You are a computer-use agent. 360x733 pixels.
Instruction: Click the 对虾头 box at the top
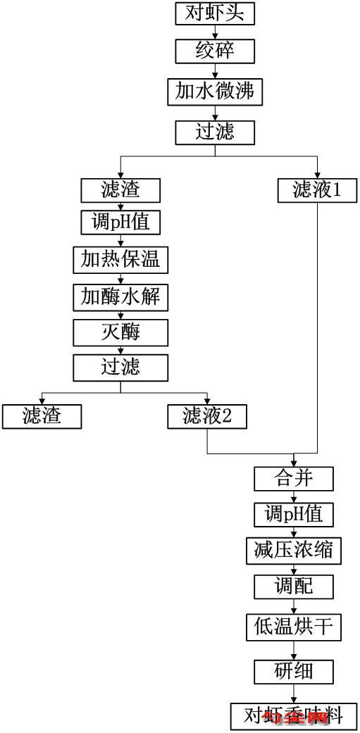point(214,13)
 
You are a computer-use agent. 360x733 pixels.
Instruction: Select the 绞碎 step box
point(214,51)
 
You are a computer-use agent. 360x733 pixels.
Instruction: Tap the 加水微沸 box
point(214,92)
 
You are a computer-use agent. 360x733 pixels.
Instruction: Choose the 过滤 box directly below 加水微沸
point(214,132)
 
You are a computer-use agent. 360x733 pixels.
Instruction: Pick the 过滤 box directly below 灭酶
point(120,367)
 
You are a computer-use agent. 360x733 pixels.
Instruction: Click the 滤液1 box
point(316,190)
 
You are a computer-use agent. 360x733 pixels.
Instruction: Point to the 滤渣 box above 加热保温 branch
point(120,190)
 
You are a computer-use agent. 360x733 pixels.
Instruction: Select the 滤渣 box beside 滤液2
point(42,416)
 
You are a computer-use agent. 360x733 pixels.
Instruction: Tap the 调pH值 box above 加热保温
point(120,223)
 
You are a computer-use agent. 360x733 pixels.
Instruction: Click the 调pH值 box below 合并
point(293,515)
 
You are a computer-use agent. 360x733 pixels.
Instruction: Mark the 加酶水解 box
point(120,296)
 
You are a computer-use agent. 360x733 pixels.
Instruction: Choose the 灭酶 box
point(120,332)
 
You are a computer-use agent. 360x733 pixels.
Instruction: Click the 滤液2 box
point(207,416)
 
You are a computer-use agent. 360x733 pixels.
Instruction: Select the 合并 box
point(293,479)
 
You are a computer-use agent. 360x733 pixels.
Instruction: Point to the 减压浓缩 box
point(293,551)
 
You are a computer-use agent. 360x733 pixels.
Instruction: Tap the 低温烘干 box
point(293,626)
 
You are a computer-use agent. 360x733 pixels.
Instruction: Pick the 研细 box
point(293,670)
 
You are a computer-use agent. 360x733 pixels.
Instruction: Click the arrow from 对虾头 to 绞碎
point(214,32)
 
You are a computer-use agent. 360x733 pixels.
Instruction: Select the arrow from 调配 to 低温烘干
point(293,606)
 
